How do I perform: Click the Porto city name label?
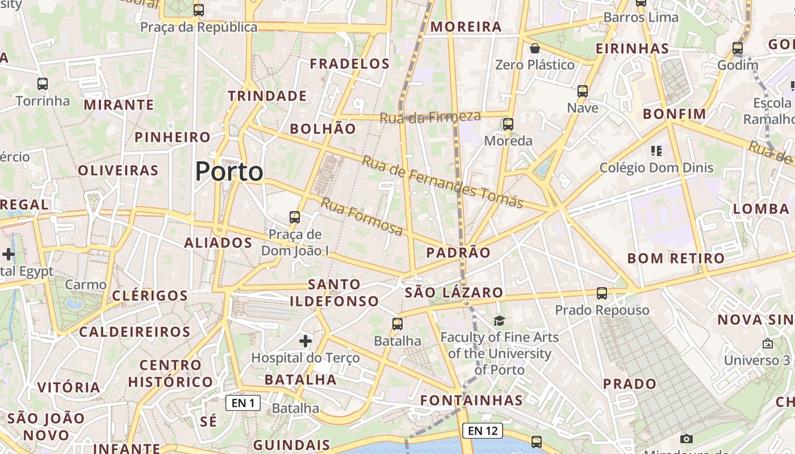click(x=229, y=171)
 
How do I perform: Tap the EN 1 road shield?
click(x=243, y=403)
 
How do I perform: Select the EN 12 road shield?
click(x=483, y=431)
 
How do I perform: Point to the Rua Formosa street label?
click(x=362, y=216)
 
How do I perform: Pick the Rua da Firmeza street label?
click(x=430, y=117)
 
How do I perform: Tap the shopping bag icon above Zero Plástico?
click(x=534, y=48)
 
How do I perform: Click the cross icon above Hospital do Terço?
click(x=306, y=341)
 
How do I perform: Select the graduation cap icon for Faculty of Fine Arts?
click(x=499, y=321)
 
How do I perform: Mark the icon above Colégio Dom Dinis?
click(x=656, y=151)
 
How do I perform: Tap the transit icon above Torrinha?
click(x=43, y=84)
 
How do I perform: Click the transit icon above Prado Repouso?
click(x=602, y=293)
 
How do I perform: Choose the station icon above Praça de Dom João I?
click(x=295, y=217)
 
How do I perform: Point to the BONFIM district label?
click(x=674, y=114)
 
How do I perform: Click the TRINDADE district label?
click(x=267, y=96)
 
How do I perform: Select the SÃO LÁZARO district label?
click(x=454, y=293)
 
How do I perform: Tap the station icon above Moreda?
click(x=508, y=124)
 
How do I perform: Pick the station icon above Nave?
click(x=583, y=91)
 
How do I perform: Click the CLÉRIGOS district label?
click(x=150, y=296)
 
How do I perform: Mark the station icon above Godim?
click(x=738, y=48)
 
